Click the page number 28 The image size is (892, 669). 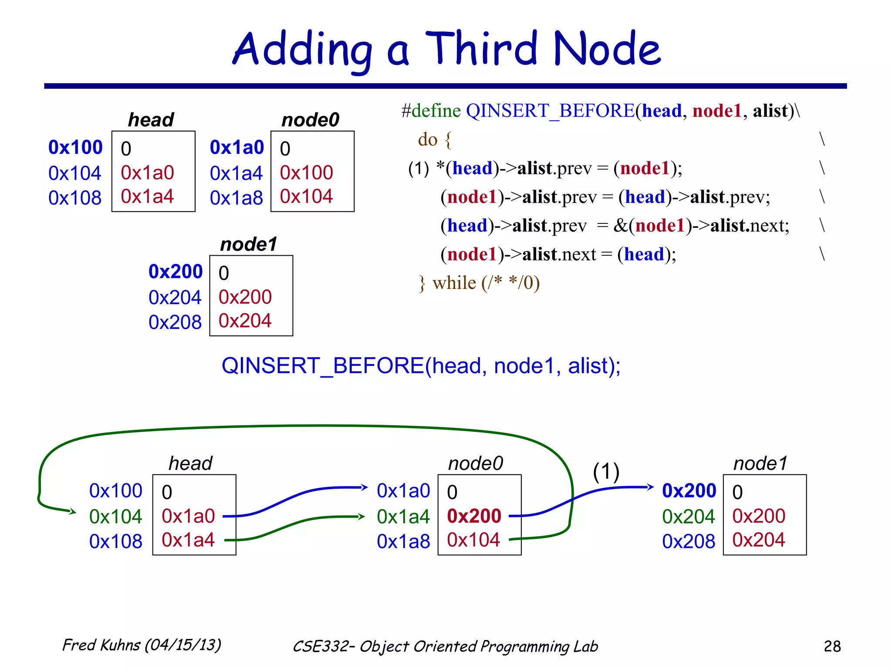pos(832,646)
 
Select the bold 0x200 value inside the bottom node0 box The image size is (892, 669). pos(474,516)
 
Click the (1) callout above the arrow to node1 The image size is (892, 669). pos(606,472)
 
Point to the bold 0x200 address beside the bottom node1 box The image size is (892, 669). pos(689,491)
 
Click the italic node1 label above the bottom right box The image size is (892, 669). pos(760,463)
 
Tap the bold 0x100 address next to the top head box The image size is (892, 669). pos(75,147)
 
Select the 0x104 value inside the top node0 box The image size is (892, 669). pos(306,196)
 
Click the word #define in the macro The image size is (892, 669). pos(431,111)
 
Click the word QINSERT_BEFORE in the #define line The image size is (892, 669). pos(550,111)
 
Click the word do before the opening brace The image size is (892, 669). pos(427,140)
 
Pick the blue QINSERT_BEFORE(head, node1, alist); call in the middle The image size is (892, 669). pos(421,365)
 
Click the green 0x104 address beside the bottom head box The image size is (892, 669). pos(115,517)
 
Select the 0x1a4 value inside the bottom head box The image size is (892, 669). pos(188,540)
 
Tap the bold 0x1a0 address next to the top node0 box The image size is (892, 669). pos(237,148)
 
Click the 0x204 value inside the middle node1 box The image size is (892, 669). pos(245,321)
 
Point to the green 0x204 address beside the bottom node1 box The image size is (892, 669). pos(688,517)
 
